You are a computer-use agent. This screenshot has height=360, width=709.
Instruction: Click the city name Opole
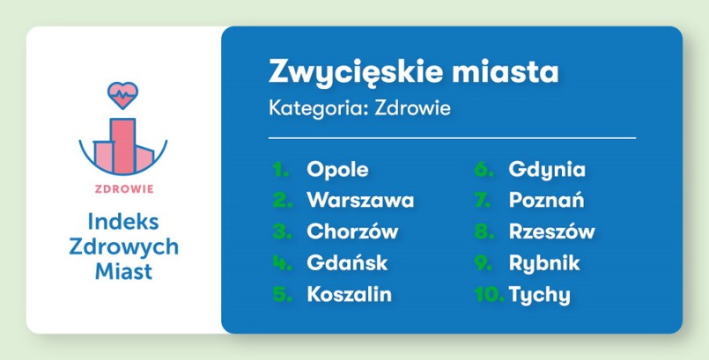337,170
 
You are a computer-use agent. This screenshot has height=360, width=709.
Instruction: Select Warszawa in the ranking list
360,201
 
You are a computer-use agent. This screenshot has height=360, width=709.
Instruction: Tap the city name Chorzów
352,232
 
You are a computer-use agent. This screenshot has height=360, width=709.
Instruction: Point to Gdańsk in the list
347,263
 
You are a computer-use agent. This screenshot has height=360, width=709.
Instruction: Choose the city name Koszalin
350,295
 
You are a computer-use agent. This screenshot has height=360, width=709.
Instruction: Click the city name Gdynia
547,170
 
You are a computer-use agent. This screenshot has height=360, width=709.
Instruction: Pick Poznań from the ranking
546,201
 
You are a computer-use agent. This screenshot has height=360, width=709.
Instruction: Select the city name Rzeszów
552,232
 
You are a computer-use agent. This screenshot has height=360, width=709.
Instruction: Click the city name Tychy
539,295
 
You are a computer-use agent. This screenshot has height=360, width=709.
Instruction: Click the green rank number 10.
488,295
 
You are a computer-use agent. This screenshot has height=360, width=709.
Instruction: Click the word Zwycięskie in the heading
351,70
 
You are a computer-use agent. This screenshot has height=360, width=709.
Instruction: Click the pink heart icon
122,92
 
